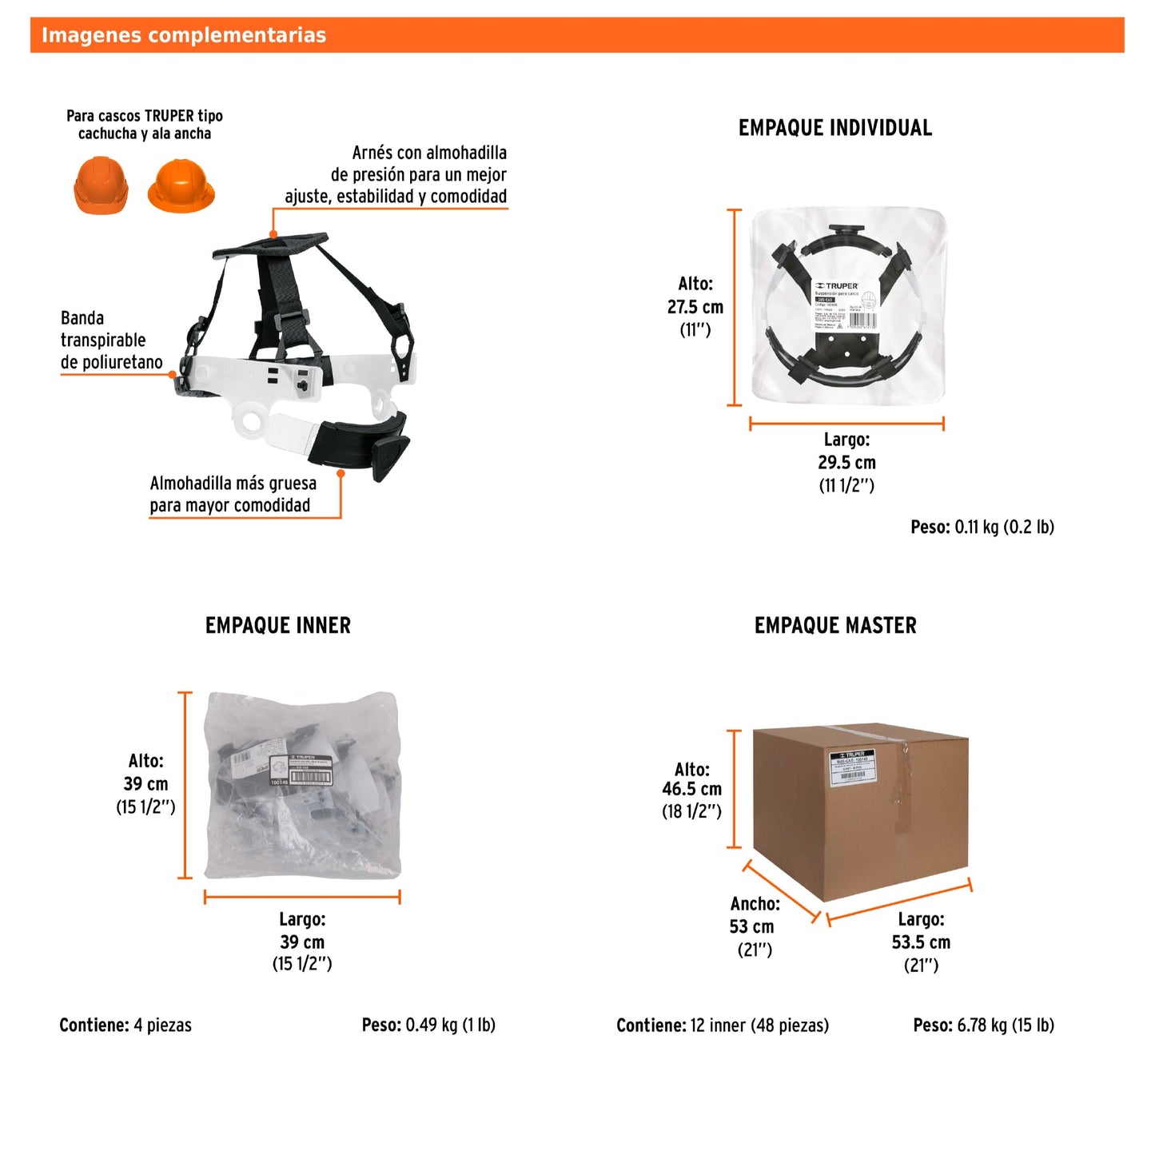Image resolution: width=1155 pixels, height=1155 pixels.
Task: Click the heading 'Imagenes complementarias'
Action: [x=184, y=35]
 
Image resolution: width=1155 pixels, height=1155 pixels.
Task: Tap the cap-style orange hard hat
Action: [x=101, y=186]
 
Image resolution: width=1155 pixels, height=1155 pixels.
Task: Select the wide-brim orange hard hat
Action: [x=181, y=186]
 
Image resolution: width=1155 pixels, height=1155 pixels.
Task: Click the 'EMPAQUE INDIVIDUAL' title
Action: [x=834, y=128]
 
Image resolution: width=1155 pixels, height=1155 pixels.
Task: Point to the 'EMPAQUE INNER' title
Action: [x=277, y=625]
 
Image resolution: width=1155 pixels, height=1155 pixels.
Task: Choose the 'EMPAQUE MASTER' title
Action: [x=835, y=625]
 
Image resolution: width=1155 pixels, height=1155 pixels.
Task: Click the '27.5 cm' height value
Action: [x=695, y=307]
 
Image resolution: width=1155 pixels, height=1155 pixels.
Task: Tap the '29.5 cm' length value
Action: [x=846, y=462]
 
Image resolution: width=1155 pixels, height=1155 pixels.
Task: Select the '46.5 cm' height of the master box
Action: [x=691, y=789]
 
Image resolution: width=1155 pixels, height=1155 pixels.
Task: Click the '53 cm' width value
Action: [x=751, y=926]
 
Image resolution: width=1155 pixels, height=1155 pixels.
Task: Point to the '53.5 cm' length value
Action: [x=921, y=942]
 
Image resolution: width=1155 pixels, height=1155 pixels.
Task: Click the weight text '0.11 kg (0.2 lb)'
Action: [x=1004, y=527]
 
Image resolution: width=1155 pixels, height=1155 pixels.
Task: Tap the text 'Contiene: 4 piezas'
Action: [x=125, y=1025]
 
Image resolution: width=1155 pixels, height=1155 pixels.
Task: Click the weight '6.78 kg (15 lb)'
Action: [x=1005, y=1025]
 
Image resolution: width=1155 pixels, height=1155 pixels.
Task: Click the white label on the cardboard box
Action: [x=853, y=767]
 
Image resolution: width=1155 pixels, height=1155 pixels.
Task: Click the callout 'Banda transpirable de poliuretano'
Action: [x=111, y=341]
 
